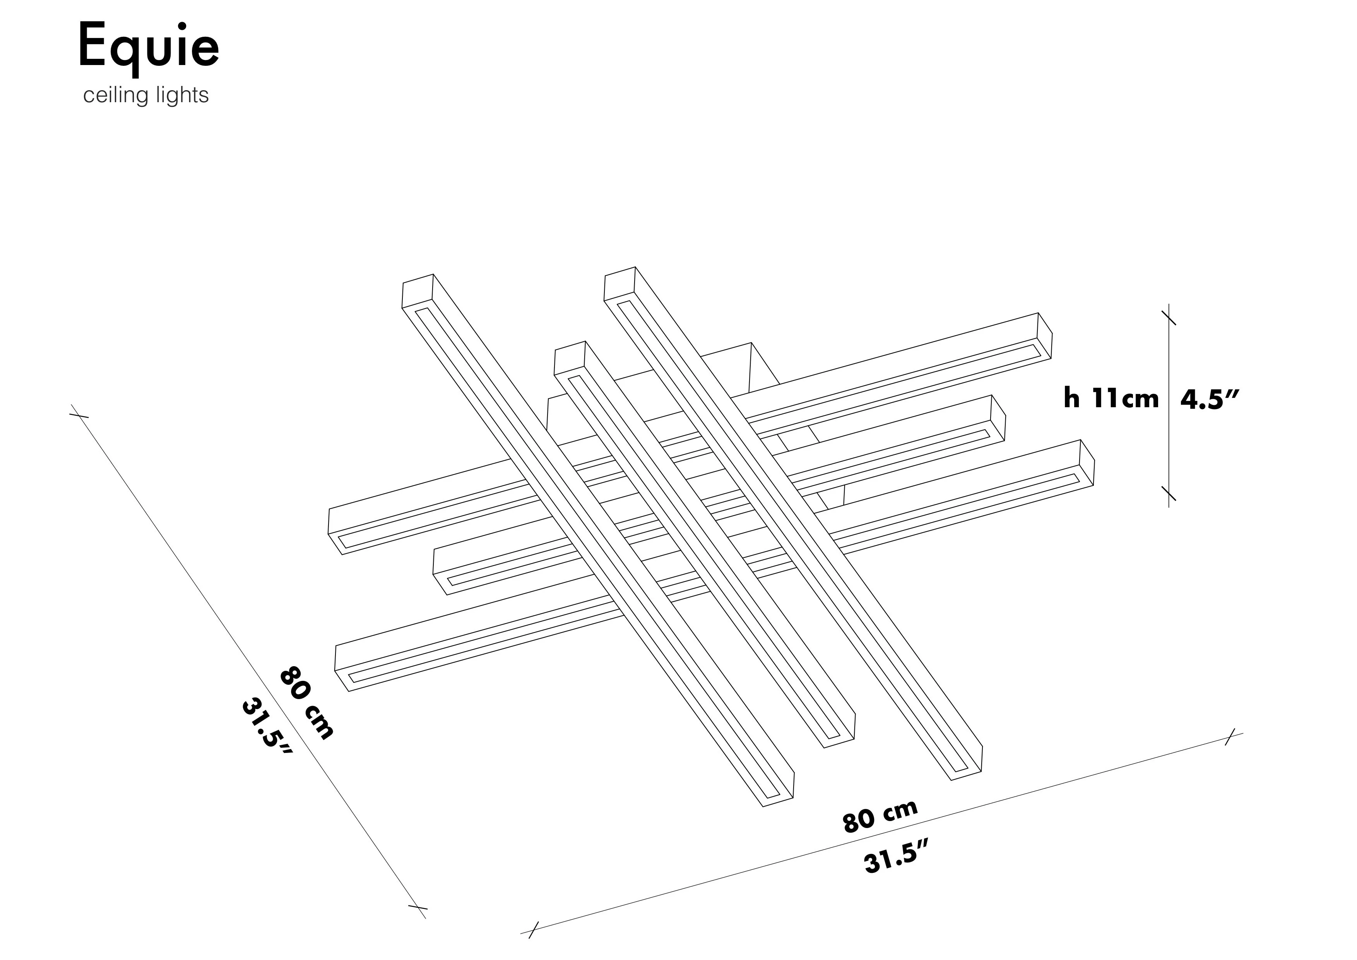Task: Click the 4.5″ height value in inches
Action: point(1208,399)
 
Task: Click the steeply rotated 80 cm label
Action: point(306,702)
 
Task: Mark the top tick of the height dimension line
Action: point(1169,317)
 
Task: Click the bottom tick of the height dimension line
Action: point(1169,493)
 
